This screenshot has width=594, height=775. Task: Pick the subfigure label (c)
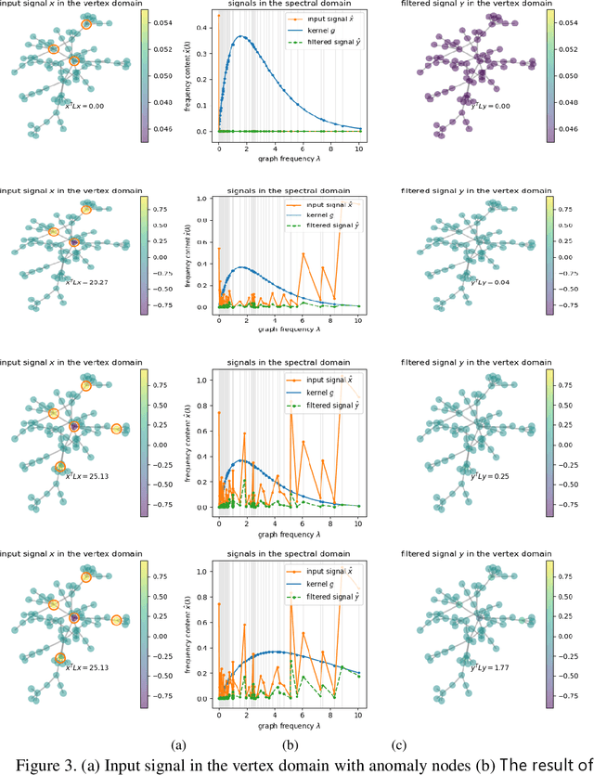tap(401, 743)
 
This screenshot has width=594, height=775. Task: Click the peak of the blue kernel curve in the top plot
tap(242, 37)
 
